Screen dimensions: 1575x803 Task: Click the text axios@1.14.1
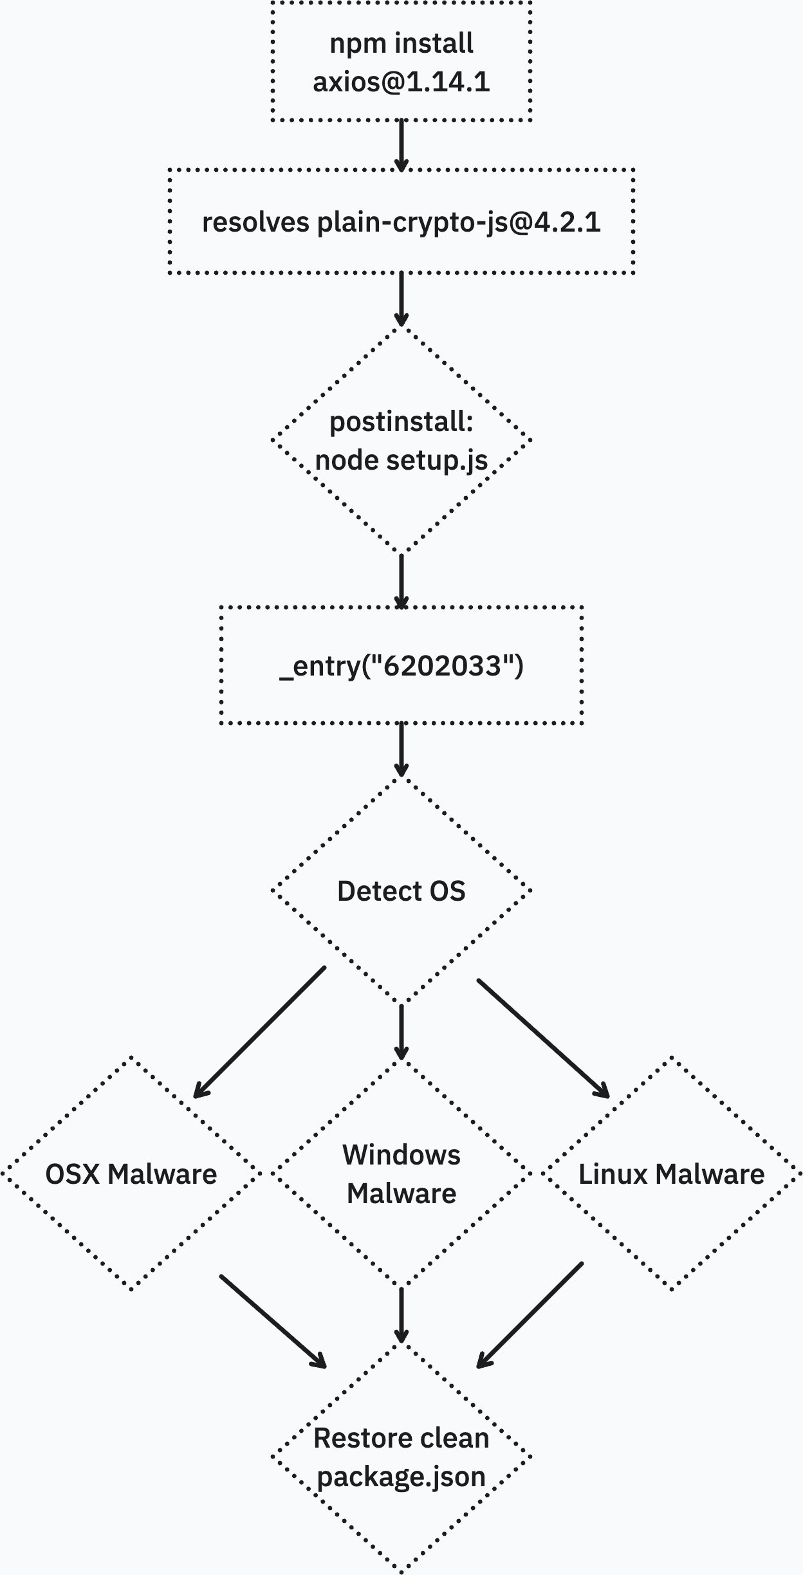(x=401, y=82)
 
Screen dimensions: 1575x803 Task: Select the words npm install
(x=401, y=44)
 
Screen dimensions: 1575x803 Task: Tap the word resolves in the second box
(x=255, y=222)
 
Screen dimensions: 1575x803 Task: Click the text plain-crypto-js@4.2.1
(x=459, y=222)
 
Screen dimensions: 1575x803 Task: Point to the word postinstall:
(x=401, y=422)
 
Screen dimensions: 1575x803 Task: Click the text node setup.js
(x=401, y=461)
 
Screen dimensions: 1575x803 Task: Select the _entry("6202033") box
(x=401, y=665)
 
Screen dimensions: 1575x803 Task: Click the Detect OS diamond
(x=401, y=891)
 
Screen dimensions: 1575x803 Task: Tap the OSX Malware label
(x=131, y=1174)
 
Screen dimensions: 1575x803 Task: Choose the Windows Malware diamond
(x=401, y=1174)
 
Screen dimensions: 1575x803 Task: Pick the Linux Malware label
(x=671, y=1174)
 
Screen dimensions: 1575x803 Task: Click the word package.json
(x=401, y=1477)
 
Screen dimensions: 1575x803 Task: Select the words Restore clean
(x=401, y=1439)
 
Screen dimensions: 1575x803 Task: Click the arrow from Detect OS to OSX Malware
(x=259, y=1032)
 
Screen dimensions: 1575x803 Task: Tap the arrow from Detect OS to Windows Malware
(x=401, y=1031)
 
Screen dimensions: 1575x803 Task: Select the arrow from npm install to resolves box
(x=401, y=145)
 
